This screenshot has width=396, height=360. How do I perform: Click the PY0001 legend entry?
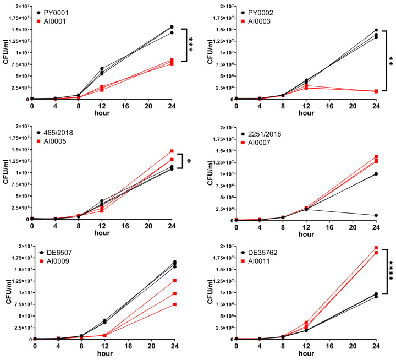55,12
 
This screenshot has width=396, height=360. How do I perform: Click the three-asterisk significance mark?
191,43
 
